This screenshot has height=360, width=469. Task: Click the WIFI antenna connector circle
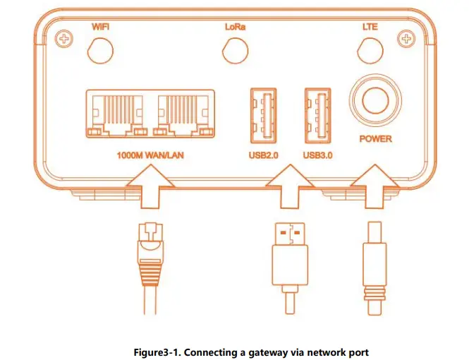point(102,50)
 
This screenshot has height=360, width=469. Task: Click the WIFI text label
point(102,26)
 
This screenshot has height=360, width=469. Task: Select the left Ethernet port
point(116,113)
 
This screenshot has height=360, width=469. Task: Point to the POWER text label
point(375,139)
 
